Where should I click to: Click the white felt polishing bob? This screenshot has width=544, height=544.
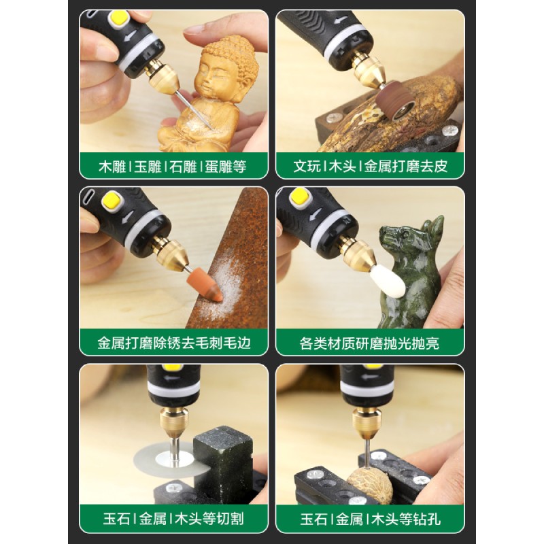388,281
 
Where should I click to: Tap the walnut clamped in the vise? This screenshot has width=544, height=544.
370,485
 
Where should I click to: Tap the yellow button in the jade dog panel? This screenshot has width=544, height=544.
299,196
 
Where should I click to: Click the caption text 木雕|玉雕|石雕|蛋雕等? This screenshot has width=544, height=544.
173,167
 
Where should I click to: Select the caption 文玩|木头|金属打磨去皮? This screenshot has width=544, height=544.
370,167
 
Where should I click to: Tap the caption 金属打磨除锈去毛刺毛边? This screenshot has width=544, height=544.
174,343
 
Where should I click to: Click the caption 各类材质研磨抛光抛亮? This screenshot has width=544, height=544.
369,343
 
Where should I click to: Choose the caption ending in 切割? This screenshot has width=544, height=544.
173,520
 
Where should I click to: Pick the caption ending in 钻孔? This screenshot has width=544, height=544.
370,520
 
